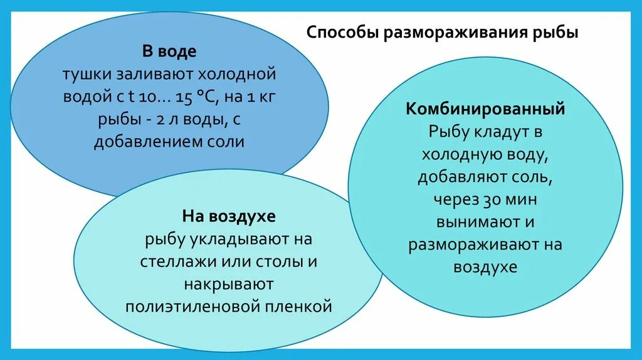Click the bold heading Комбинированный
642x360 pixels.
pyautogui.click(x=485, y=109)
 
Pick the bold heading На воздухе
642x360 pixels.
pyautogui.click(x=229, y=217)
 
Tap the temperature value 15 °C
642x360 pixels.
pyautogui.click(x=187, y=97)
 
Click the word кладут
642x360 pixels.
pyautogui.click(x=497, y=132)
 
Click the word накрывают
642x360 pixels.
pyautogui.click(x=229, y=284)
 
